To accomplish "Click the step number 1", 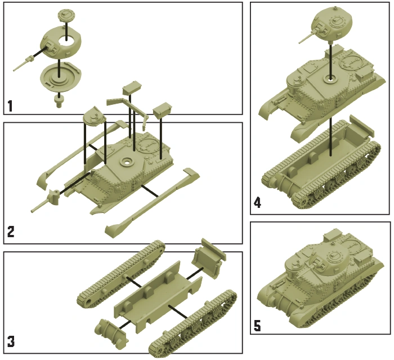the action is coord(10,106).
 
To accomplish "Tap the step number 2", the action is coord(11,232).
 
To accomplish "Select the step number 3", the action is coord(11,341).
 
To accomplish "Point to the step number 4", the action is coord(258,202).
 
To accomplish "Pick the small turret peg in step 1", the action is coord(59,102).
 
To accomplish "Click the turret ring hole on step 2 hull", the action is coord(127,162).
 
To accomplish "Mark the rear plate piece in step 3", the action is coord(209,259).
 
